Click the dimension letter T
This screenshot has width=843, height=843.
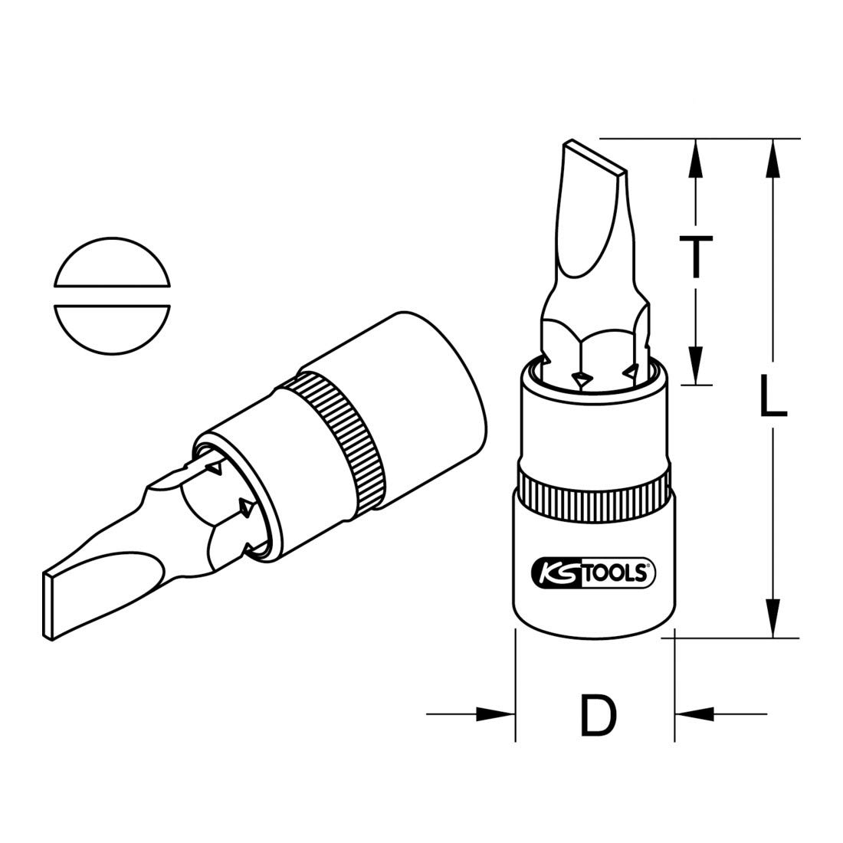coord(696,256)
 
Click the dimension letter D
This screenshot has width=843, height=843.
coord(595,714)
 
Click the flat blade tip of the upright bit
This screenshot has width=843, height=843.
coord(595,154)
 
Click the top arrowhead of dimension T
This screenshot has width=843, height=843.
coord(696,157)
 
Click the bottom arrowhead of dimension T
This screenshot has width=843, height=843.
coord(696,365)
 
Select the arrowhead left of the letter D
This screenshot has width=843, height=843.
coord(494,713)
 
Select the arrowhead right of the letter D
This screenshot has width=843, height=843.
coord(694,713)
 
